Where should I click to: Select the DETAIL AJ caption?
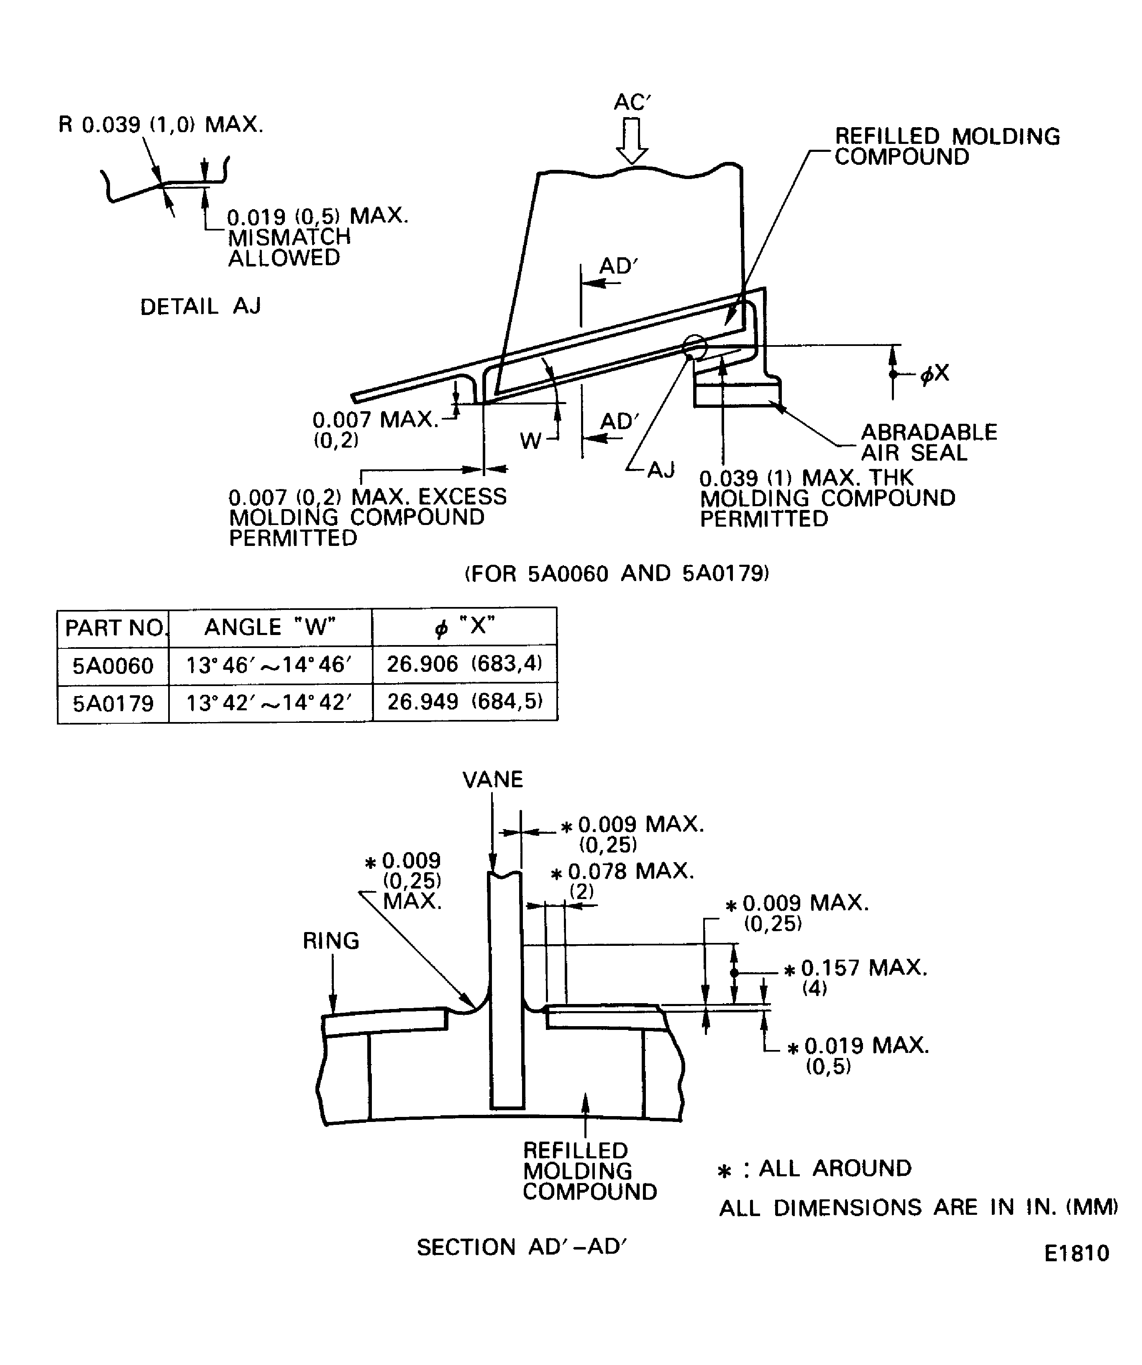point(200,306)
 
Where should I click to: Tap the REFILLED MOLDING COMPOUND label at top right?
point(946,146)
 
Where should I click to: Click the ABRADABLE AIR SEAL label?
point(928,442)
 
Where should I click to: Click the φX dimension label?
point(935,373)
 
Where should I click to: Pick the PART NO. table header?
point(114,628)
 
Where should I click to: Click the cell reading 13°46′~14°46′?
point(269,665)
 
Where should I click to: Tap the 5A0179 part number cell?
point(113,703)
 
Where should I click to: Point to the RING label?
point(331,940)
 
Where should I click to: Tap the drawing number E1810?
point(1076,1252)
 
